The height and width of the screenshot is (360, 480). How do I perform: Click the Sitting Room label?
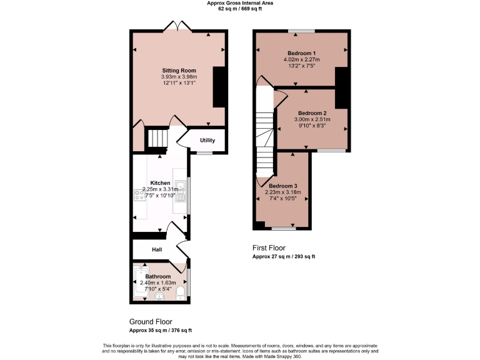tap(179, 70)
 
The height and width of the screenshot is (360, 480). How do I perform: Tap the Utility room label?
tap(207, 140)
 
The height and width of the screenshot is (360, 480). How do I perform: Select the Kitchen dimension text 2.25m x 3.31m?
tap(160, 189)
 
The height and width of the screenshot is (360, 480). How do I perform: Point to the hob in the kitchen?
tap(138, 196)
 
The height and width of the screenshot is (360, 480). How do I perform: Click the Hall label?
tap(157, 249)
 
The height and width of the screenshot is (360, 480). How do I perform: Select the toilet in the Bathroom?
tap(181, 293)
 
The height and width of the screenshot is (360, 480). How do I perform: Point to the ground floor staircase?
tap(157, 139)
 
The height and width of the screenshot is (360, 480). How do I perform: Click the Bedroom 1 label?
tap(301, 53)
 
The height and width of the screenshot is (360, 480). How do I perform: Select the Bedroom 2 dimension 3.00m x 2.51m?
tap(312, 119)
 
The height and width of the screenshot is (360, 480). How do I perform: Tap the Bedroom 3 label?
tap(283, 186)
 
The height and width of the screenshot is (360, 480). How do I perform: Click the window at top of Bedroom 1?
tap(301, 31)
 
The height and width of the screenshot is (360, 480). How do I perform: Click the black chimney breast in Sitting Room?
tap(218, 87)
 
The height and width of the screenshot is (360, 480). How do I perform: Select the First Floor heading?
tap(269, 247)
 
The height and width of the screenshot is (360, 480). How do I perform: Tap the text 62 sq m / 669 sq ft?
tap(240, 9)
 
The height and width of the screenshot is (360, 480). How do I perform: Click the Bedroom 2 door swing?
tap(280, 96)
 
